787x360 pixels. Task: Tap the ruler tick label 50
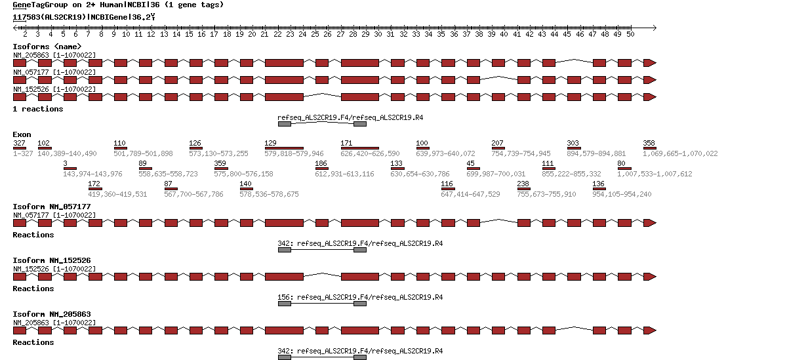point(630,34)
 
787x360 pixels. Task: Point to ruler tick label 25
point(315,34)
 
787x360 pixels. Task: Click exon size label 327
point(19,143)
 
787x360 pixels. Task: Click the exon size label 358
point(649,143)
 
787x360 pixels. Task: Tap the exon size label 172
point(94,184)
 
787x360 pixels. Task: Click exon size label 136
point(598,184)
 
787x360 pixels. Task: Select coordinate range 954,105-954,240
point(622,194)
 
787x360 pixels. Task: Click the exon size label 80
point(621,163)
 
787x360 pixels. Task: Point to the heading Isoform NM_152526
point(52,260)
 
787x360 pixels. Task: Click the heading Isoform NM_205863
point(52,314)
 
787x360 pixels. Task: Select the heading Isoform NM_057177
point(52,207)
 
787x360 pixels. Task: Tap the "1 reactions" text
point(38,109)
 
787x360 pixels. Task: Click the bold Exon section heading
point(22,134)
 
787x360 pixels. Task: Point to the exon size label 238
point(523,184)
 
